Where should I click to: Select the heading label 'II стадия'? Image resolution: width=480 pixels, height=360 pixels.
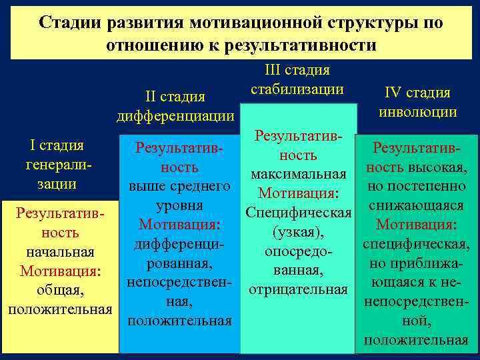pos(175,97)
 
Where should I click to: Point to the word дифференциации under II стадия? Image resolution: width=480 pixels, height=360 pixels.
pos(175,115)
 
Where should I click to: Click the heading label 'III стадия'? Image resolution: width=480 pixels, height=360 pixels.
pos(297,70)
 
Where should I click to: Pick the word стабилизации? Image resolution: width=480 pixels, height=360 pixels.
pos(297,89)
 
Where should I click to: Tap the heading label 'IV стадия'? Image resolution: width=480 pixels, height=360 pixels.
pos(417,93)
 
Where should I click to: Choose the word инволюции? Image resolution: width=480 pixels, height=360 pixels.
pos(417,111)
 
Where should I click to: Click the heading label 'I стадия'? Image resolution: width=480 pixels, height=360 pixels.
pos(57,145)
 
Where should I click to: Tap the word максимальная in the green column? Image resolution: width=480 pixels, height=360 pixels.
pos(298,175)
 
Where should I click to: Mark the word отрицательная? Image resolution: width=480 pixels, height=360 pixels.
pos(298,290)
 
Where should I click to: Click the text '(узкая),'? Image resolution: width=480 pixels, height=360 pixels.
pos(298,232)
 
